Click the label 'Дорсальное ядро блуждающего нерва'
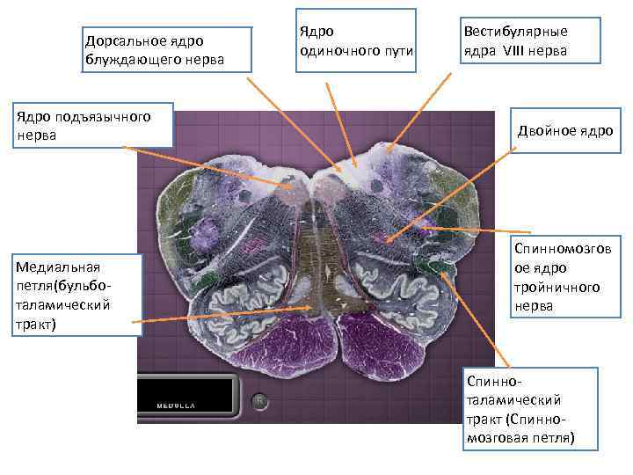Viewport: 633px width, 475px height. (x=154, y=50)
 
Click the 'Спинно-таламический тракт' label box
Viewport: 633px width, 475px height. (x=528, y=409)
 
